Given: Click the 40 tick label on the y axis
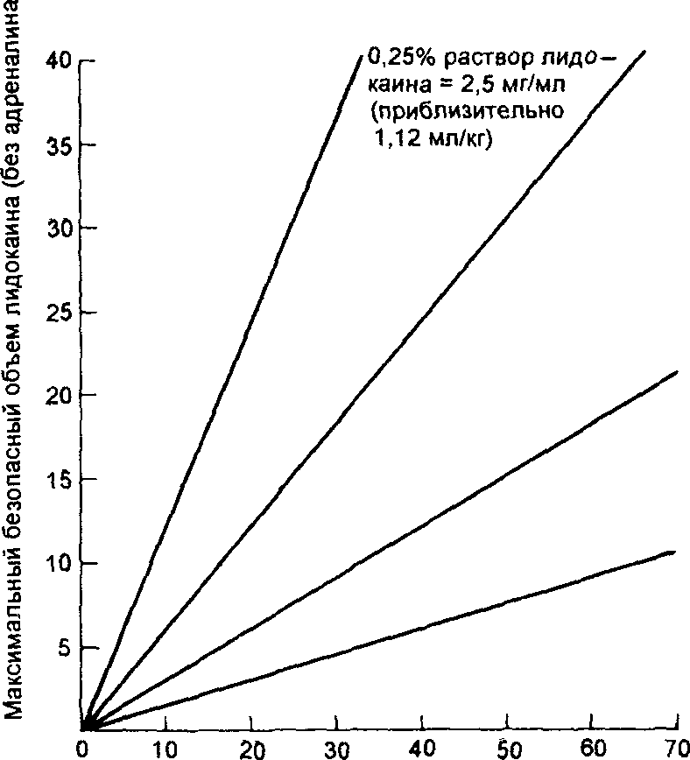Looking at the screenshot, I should click(x=58, y=62).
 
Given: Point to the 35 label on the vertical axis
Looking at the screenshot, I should click(x=58, y=145).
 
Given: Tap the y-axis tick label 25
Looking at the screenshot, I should click(x=58, y=313).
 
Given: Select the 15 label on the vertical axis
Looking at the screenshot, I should click(x=58, y=480).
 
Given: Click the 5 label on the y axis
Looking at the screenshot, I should click(x=64, y=648).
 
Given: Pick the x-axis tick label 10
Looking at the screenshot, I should click(x=165, y=749).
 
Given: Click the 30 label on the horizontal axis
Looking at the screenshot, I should click(x=337, y=749).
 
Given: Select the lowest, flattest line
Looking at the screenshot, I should click(x=377, y=639).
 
